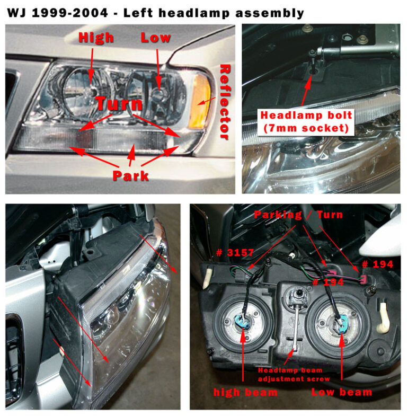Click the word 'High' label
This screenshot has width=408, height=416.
pyautogui.click(x=96, y=37)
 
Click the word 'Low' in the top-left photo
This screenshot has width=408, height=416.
pyautogui.click(x=156, y=37)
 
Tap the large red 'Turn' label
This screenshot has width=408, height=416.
pyautogui.click(x=119, y=103)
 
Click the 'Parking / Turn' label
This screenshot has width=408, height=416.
pyautogui.click(x=298, y=215)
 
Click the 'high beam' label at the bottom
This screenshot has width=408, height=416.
pyautogui.click(x=245, y=392)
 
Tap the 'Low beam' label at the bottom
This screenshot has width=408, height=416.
pyautogui.click(x=341, y=392)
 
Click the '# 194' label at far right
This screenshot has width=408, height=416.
pyautogui.click(x=377, y=264)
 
